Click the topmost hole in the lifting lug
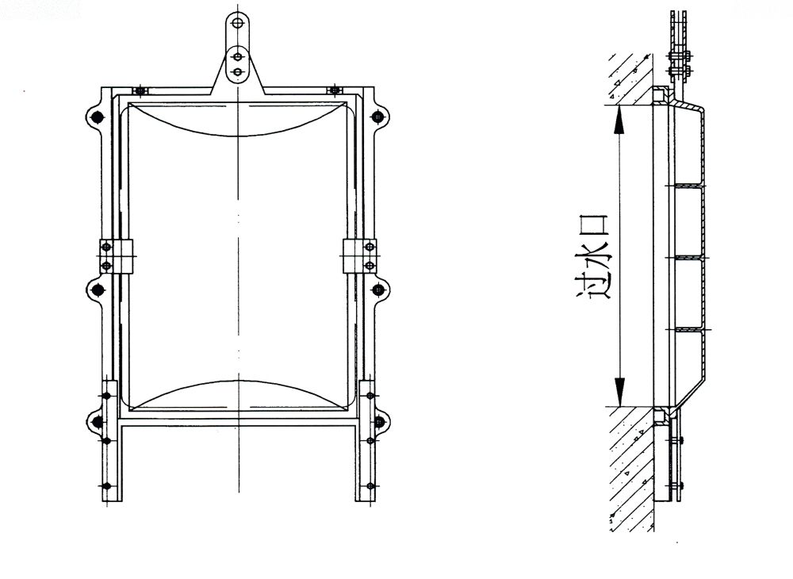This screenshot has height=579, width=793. (236, 22)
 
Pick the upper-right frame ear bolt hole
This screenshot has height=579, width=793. (377, 117)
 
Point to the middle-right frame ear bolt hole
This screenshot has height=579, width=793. (377, 289)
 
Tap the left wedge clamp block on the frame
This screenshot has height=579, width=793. (116, 255)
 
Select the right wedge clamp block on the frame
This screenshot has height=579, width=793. (359, 255)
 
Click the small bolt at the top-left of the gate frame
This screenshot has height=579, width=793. (140, 90)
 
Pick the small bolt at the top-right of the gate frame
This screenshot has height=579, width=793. (335, 90)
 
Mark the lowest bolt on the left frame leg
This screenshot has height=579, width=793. (106, 485)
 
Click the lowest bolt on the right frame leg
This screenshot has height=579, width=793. (369, 485)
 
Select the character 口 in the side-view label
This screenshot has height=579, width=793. (596, 225)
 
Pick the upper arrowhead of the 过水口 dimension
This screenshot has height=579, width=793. (620, 118)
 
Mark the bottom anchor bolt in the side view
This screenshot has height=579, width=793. (676, 485)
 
